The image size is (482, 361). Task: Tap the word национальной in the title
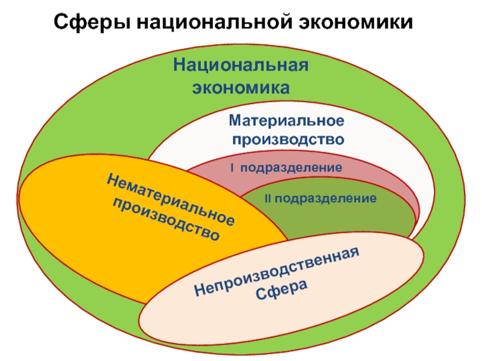(x=214, y=22)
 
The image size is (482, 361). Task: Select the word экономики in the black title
(x=355, y=22)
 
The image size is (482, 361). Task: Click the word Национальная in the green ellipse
(x=240, y=66)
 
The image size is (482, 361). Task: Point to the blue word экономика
(x=240, y=88)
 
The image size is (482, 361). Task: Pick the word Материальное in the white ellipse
(x=287, y=120)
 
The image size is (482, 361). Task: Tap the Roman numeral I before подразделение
(x=232, y=168)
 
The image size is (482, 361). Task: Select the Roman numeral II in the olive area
(x=268, y=199)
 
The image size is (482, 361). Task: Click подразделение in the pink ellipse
(x=291, y=168)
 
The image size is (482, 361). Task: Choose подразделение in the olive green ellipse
(x=325, y=199)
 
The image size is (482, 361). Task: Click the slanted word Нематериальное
(x=171, y=200)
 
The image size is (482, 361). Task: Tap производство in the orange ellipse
(x=166, y=219)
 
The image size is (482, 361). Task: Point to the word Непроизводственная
(x=277, y=271)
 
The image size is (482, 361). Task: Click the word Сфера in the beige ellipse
(x=281, y=289)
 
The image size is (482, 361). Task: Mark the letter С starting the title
(x=61, y=22)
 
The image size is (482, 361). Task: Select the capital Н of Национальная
(x=180, y=64)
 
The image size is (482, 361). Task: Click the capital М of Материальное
(x=236, y=120)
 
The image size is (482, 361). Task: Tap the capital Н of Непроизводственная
(x=201, y=289)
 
